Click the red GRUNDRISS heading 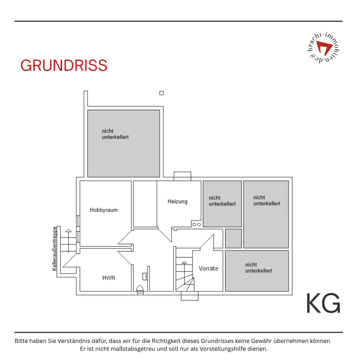(64, 65)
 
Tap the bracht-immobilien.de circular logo (324, 48)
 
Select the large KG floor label (323, 303)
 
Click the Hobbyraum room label (103, 210)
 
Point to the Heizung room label (177, 202)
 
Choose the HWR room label (108, 278)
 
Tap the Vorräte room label (208, 268)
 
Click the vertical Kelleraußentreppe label (54, 249)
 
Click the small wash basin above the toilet (144, 276)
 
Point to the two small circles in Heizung (196, 225)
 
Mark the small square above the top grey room (162, 93)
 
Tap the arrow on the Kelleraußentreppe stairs (68, 241)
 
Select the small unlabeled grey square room (233, 238)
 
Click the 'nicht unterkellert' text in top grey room (115, 134)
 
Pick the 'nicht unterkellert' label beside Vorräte (258, 268)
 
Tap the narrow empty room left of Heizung (145, 204)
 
